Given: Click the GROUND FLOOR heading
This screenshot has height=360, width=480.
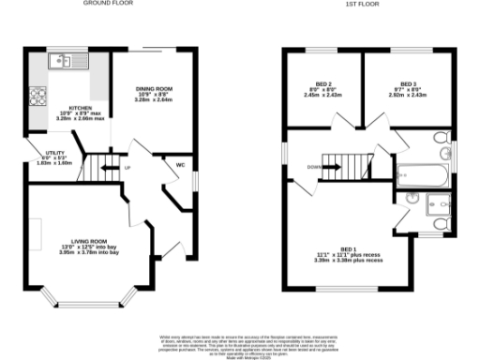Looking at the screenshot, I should coord(109,4).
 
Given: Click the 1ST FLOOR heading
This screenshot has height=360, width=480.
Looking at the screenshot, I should coord(355,4).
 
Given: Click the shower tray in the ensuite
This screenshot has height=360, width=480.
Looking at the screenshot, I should coord(437,207).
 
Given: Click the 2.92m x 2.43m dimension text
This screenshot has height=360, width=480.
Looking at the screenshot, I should coord(408,96).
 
